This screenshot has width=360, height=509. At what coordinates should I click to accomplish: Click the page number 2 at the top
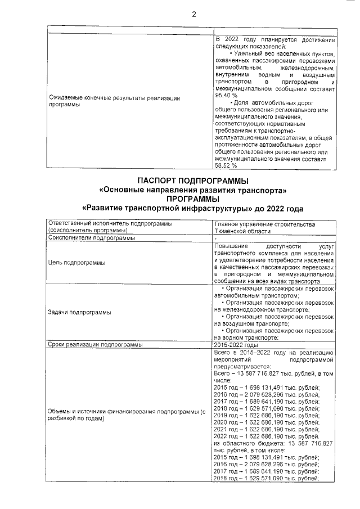coord(193,15)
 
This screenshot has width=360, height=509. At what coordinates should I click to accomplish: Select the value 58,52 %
coord(226,166)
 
